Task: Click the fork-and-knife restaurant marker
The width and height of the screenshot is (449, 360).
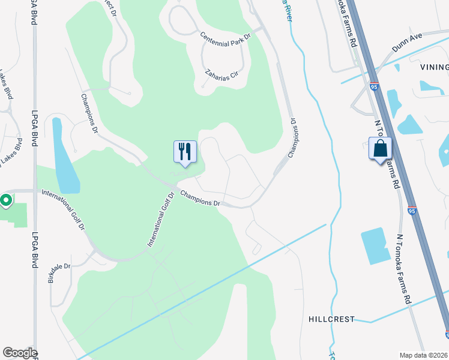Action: pyautogui.click(x=185, y=151)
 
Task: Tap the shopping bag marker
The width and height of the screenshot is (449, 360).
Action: pyautogui.click(x=380, y=149)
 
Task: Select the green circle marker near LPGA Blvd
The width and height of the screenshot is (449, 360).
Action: pyautogui.click(x=6, y=200)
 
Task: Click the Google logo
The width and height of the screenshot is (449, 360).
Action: pyautogui.click(x=20, y=353)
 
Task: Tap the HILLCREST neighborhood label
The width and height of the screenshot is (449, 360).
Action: pyautogui.click(x=332, y=319)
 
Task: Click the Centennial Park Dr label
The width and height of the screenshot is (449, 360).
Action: pyautogui.click(x=224, y=37)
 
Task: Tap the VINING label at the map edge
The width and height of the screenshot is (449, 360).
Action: pyautogui.click(x=435, y=67)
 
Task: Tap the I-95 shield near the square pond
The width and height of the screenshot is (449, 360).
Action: pyautogui.click(x=411, y=211)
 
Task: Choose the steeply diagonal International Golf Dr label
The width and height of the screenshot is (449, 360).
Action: pyautogui.click(x=160, y=220)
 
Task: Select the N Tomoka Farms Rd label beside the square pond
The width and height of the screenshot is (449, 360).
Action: pyautogui.click(x=403, y=268)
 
